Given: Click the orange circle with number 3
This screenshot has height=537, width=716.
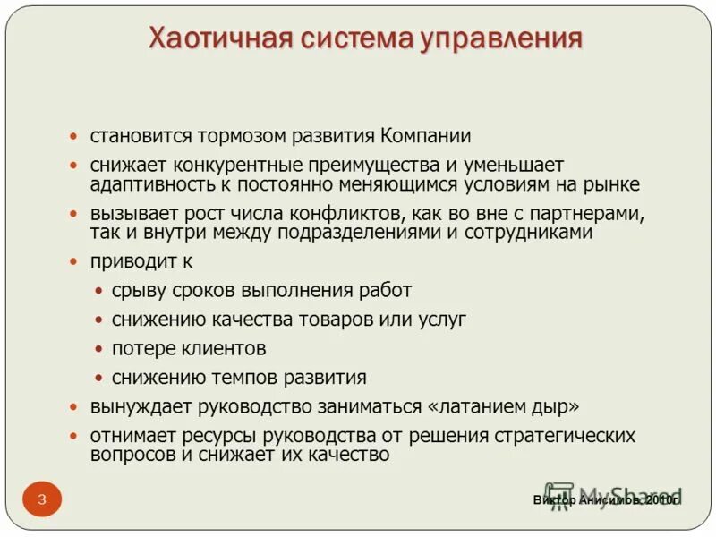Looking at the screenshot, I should coord(42,499).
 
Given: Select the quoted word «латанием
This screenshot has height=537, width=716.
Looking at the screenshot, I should coord(473,406).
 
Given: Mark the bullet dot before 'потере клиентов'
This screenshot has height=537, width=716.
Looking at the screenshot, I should coord(98,349).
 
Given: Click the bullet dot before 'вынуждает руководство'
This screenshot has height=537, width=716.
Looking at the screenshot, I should coord(74,407).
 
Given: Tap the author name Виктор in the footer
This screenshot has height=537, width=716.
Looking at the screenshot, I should coord(554,500).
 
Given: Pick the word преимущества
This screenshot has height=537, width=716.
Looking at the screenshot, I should coord(385,166).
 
